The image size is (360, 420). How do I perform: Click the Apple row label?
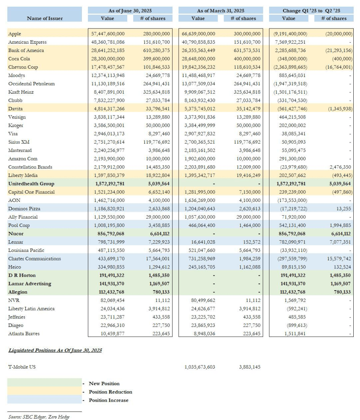click(x=15, y=34)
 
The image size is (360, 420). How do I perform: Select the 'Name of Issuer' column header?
click(x=45, y=18)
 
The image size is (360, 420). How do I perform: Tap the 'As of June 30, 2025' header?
click(x=130, y=11)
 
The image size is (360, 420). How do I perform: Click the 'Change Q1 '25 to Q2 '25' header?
click(x=311, y=11)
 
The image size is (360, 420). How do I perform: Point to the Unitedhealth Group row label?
click(x=31, y=184)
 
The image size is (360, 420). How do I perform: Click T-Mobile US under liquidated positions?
click(x=22, y=367)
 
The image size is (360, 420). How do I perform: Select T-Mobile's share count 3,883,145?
click(x=249, y=367)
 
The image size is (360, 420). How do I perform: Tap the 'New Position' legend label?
click(x=104, y=383)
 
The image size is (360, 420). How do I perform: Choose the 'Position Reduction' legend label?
click(x=110, y=392)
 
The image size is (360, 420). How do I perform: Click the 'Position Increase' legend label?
click(x=109, y=400)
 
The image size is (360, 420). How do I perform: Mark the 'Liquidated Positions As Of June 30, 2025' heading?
click(x=55, y=350)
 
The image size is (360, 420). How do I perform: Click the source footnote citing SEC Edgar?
click(x=39, y=417)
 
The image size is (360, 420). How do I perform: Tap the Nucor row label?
click(x=16, y=234)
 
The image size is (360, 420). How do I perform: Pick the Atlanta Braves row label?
click(x=24, y=333)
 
